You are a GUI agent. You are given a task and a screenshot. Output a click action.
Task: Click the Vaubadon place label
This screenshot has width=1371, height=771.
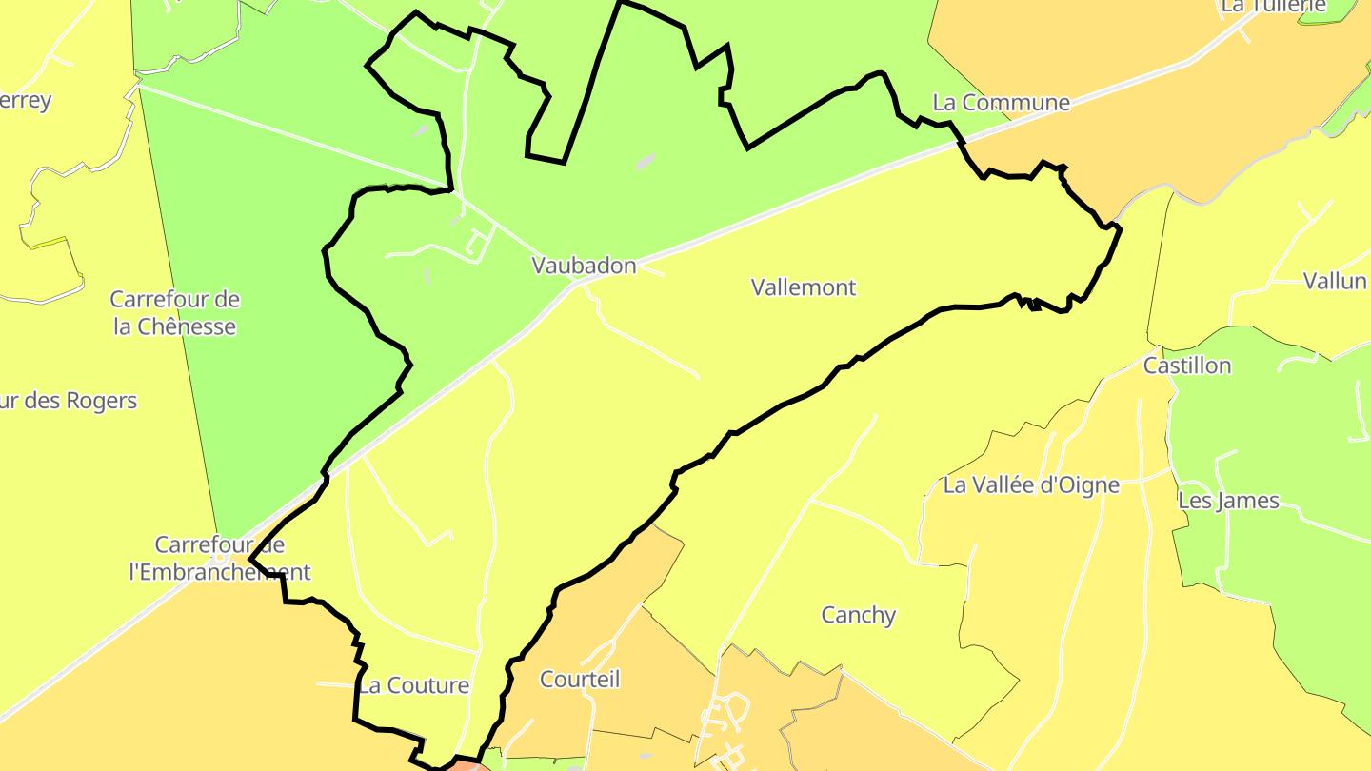point(584,266)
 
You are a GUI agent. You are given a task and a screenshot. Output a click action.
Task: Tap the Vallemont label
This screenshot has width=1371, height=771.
point(804,287)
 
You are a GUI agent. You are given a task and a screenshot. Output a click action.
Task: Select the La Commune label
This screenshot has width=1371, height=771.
point(1001,102)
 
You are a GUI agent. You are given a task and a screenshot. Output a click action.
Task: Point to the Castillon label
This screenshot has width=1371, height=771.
point(1186,366)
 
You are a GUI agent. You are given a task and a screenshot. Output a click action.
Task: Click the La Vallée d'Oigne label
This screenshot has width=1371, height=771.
point(1031,484)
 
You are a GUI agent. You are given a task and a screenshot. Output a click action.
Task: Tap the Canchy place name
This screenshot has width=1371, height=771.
point(858,614)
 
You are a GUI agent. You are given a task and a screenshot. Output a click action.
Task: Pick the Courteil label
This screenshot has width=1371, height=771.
point(579,679)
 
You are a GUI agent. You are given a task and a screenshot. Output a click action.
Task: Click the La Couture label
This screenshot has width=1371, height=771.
point(413,685)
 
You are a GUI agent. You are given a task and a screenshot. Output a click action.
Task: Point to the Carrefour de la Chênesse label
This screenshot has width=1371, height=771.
point(174,313)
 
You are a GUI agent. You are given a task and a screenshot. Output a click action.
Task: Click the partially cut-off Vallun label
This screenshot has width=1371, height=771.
point(1336,280)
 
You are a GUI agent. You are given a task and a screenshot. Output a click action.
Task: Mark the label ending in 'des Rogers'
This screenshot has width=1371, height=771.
point(69,401)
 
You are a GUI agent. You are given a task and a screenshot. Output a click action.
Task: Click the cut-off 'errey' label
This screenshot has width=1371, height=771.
point(26,100)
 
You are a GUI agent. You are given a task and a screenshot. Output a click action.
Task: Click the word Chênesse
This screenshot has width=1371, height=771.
point(187,326)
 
